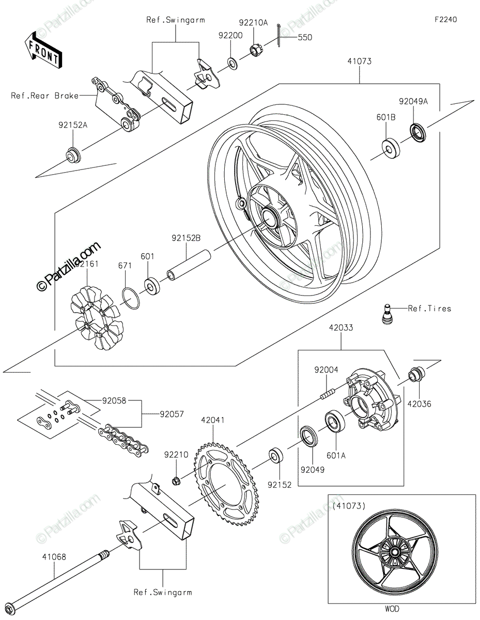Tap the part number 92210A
click(x=253, y=23)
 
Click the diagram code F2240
click(x=446, y=20)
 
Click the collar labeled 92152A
click(x=73, y=154)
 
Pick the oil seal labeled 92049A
click(x=418, y=132)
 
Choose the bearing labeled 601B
click(x=391, y=148)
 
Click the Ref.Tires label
click(x=429, y=308)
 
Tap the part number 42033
click(x=341, y=328)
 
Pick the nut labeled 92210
click(x=175, y=482)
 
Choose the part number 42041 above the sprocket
click(x=213, y=420)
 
